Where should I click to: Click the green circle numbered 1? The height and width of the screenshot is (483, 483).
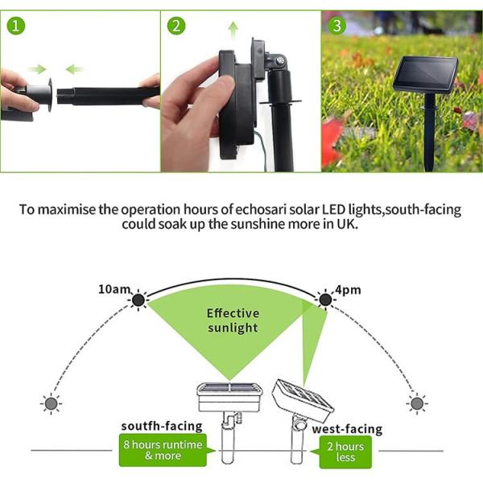[x=16, y=26]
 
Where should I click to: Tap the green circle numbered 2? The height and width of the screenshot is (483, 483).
[x=176, y=26]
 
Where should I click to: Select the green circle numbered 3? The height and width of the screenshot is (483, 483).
[x=337, y=26]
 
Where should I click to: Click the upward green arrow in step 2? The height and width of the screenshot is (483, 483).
[x=233, y=31]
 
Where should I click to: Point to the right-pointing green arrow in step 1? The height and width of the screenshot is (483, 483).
[x=37, y=69]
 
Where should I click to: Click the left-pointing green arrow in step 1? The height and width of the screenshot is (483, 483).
[x=75, y=69]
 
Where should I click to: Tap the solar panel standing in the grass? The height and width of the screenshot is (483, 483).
[x=425, y=76]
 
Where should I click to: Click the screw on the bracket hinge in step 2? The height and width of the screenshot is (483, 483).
[x=280, y=60]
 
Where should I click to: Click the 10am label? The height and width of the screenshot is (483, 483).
[x=114, y=290]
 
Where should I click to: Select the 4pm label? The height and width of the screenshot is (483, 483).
[x=348, y=290]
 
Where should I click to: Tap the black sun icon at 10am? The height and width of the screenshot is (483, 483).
[x=138, y=299]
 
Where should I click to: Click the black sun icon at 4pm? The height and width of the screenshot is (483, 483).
[x=325, y=299]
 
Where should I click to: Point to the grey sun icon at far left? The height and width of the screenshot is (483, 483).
[x=52, y=403]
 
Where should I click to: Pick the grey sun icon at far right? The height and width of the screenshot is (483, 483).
[x=417, y=403]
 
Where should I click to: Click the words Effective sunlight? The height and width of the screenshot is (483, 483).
[x=233, y=320]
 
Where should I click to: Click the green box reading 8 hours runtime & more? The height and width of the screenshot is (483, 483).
[x=163, y=450]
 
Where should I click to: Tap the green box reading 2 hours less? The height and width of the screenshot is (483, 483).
[x=345, y=452]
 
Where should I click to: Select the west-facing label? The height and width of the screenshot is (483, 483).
[x=347, y=429]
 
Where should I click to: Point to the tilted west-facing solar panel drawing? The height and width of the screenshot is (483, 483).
[x=303, y=401]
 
